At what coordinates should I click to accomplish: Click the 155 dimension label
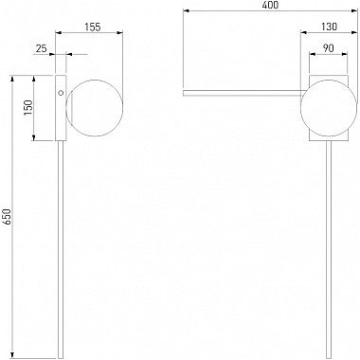tap(93, 27)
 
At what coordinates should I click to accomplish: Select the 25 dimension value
tap(41, 48)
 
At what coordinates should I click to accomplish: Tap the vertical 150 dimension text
tap(28, 107)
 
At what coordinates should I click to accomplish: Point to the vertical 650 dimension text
tap(8, 217)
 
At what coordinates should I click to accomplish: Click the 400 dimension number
tap(271, 5)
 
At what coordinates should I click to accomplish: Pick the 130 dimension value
tap(330, 27)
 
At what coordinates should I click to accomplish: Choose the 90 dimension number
tap(329, 48)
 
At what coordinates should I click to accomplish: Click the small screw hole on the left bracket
tap(61, 93)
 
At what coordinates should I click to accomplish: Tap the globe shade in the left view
tap(94, 108)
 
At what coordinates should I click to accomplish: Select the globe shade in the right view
tap(329, 108)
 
